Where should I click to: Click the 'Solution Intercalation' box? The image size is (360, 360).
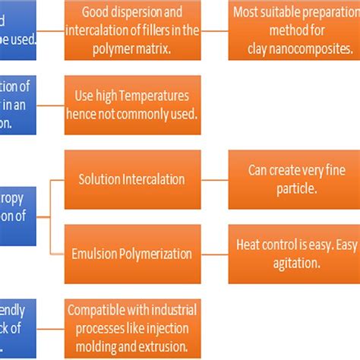tap(132, 179)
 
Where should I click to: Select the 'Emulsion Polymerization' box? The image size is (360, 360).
tap(132, 253)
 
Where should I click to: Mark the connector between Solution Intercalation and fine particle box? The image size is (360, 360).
tap(214, 179)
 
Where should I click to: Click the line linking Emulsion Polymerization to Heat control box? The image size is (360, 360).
tap(214, 253)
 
